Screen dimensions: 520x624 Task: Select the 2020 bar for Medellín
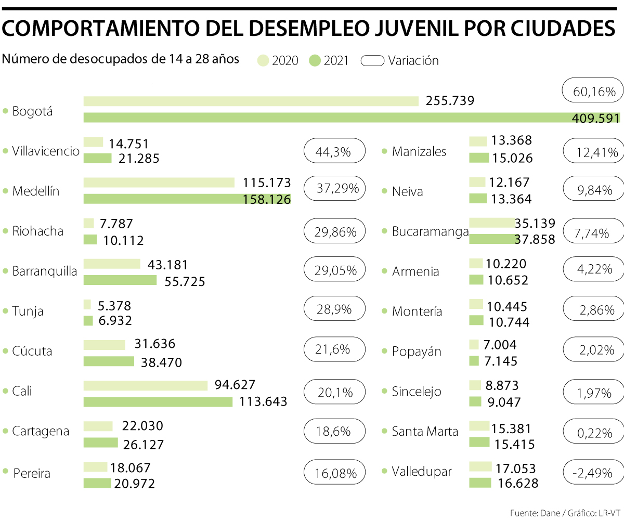(x=159, y=183)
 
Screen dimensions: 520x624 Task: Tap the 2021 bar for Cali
(x=158, y=401)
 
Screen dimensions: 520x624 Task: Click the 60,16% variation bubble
(x=592, y=92)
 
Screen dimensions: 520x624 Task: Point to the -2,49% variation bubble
(x=593, y=472)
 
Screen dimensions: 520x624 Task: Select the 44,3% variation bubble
(x=334, y=151)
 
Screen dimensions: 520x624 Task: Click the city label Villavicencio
(x=46, y=151)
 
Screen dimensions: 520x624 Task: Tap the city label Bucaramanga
(x=430, y=231)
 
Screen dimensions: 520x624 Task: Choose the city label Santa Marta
(x=425, y=431)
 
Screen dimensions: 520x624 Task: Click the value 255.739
(x=450, y=101)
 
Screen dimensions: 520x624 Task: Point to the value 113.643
(x=262, y=401)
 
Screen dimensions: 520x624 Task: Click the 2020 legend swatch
(x=263, y=61)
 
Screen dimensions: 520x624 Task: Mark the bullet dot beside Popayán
(x=385, y=351)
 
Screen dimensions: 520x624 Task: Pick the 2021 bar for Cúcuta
(x=109, y=361)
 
